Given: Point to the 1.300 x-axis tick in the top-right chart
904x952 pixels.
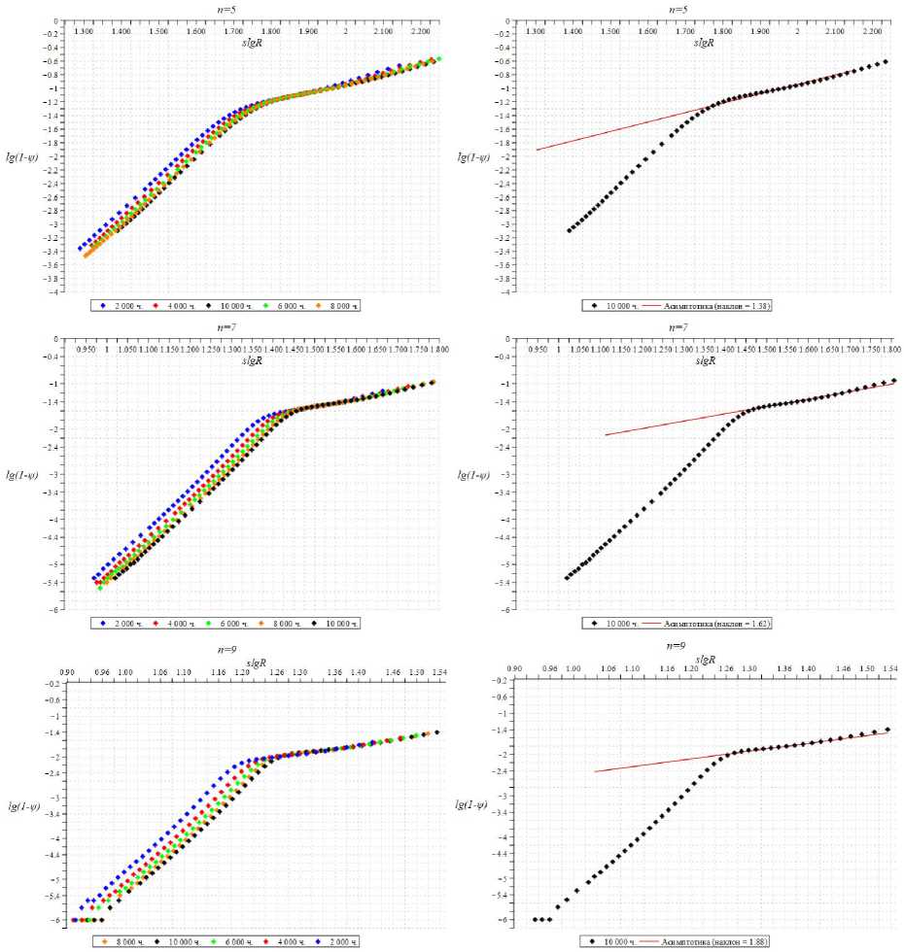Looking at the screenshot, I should click(x=536, y=32).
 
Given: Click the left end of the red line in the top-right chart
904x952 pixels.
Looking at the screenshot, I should click(x=537, y=150).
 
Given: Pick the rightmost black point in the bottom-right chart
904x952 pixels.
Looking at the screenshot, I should click(x=887, y=730).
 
